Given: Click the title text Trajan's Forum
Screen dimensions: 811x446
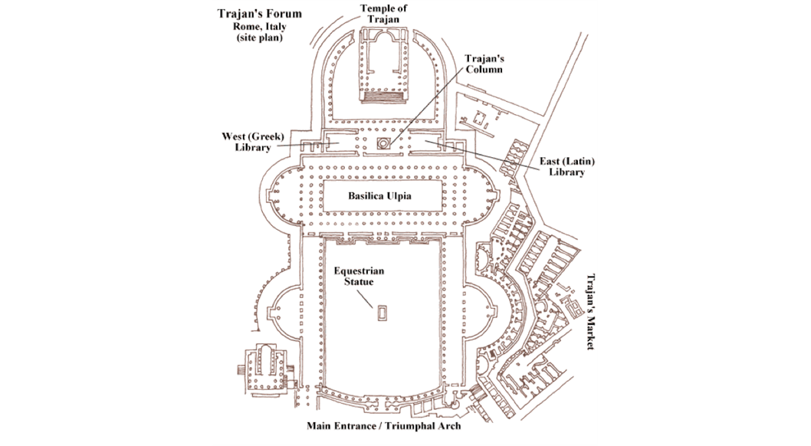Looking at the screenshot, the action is pyautogui.click(x=258, y=13).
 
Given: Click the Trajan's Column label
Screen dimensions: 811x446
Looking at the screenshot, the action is pyautogui.click(x=483, y=64).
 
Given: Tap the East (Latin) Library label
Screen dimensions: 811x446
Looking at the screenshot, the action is pyautogui.click(x=566, y=166).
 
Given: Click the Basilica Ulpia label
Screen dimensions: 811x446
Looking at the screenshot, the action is pyautogui.click(x=380, y=196).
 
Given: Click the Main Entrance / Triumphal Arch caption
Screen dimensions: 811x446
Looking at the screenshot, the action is pyautogui.click(x=384, y=425).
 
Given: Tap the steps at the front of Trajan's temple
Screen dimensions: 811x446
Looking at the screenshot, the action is pyautogui.click(x=379, y=98).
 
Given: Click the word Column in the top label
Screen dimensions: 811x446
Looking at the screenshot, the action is pyautogui.click(x=483, y=69).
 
